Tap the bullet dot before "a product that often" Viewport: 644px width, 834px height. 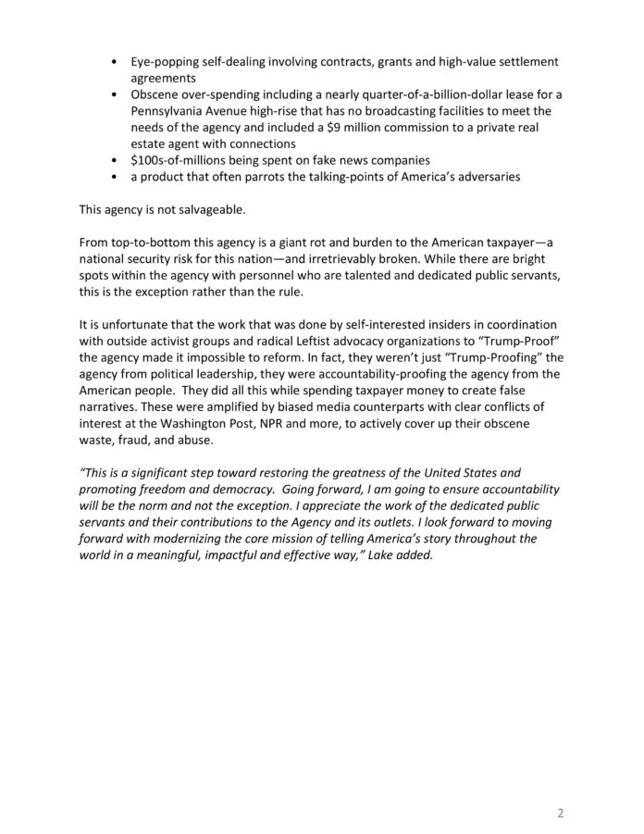[113, 176]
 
